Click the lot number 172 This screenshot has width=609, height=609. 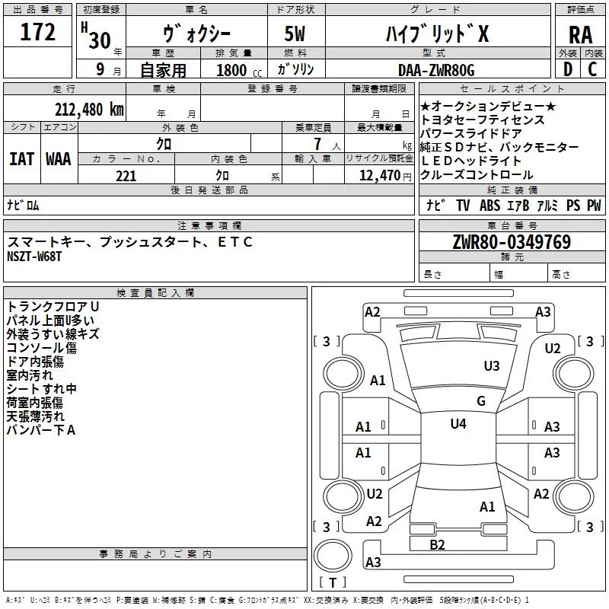pos(37,32)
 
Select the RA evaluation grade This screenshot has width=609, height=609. pos(580,35)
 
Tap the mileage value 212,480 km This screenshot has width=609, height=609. pos(89,110)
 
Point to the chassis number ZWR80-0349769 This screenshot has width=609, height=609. pos(512,241)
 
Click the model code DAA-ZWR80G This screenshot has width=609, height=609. pos(436,70)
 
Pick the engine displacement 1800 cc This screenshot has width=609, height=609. pos(239,70)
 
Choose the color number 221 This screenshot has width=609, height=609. pos(126,176)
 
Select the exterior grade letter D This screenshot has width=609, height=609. pos(568,69)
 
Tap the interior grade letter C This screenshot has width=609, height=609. pos(592,69)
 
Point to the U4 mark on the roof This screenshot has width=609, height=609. pos(458,424)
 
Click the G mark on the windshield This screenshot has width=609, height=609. pos(481,400)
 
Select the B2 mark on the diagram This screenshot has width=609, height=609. pos(437,545)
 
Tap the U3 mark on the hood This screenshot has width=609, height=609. pos(492,366)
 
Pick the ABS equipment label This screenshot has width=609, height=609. pos(489,205)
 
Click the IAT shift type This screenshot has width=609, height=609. pos(22,159)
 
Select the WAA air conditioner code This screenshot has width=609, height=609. pos(59,159)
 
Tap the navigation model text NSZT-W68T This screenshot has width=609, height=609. pos(34,257)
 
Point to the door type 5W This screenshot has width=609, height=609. pos(295,33)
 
